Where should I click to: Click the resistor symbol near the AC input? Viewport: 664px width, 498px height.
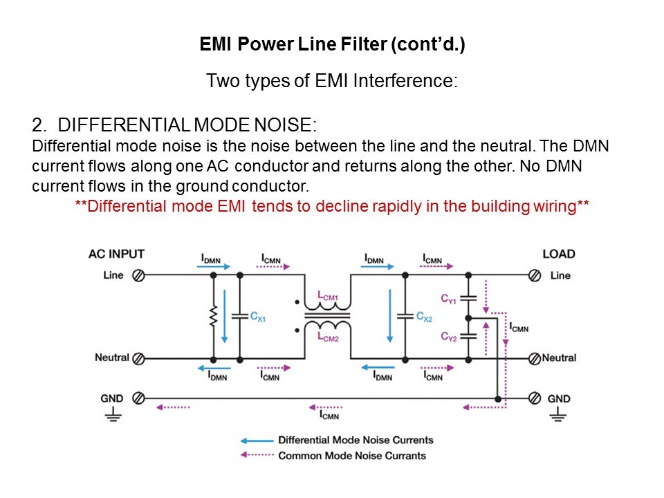(x=213, y=317)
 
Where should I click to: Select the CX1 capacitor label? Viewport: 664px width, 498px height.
(x=258, y=317)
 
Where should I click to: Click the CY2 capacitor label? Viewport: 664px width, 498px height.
(x=450, y=336)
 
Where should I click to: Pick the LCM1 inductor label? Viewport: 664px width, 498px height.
(x=328, y=297)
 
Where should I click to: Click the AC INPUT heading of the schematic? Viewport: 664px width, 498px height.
(x=117, y=254)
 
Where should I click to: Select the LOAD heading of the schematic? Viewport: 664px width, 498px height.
(x=559, y=254)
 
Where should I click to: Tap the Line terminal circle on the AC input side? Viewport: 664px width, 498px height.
(x=138, y=275)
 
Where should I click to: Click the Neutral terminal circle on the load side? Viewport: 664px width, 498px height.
(x=534, y=358)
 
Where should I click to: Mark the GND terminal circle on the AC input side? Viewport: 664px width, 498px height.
(x=138, y=398)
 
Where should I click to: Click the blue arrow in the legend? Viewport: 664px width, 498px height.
(x=256, y=441)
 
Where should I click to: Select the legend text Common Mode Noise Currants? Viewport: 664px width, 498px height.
(x=352, y=456)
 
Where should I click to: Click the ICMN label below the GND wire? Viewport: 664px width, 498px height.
(x=329, y=415)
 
